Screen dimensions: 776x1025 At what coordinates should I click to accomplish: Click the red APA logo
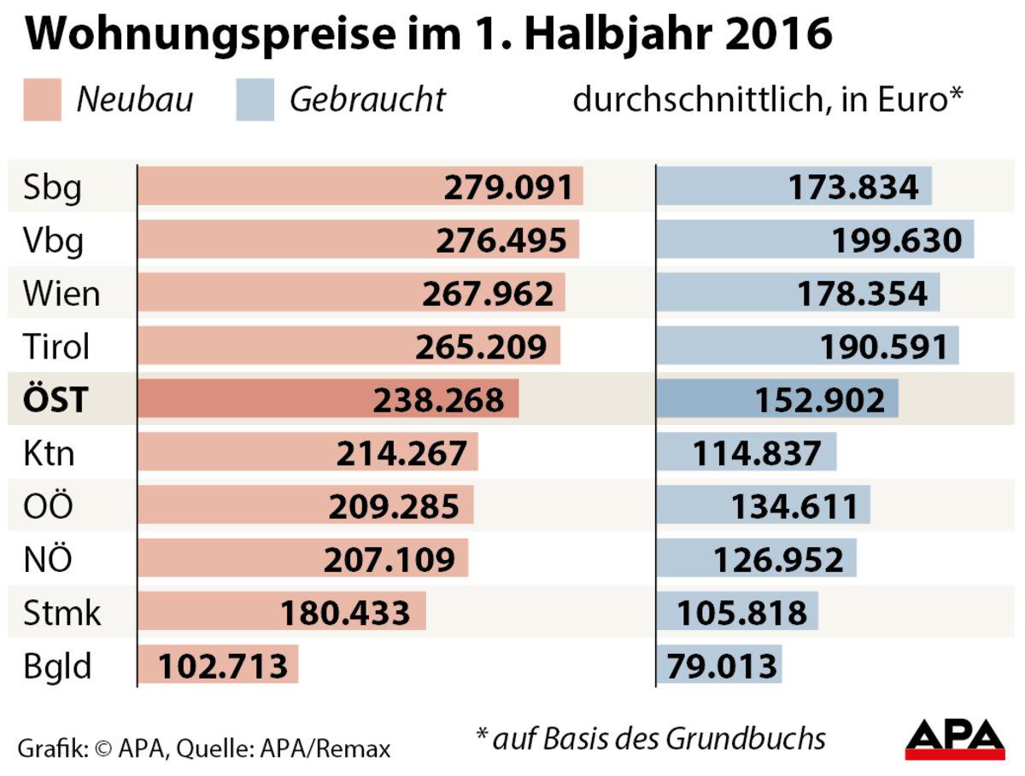tap(955, 739)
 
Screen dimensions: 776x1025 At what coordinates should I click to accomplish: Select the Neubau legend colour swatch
tap(42, 100)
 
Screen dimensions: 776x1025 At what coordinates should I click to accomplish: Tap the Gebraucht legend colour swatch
tap(255, 100)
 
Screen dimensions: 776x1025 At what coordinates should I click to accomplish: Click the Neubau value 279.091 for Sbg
tap(507, 187)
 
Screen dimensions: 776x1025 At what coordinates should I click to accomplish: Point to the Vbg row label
tap(54, 241)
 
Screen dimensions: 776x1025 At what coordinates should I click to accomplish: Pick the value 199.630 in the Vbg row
tap(897, 241)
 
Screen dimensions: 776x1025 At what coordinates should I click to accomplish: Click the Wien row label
tap(61, 294)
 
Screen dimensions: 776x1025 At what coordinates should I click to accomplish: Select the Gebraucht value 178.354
tap(862, 294)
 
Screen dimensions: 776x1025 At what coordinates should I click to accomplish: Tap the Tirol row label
tap(56, 347)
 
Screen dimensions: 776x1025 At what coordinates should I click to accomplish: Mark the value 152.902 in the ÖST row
tap(820, 400)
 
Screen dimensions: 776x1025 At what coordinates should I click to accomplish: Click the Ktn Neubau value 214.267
tap(401, 452)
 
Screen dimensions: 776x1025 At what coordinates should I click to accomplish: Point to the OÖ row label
tap(48, 505)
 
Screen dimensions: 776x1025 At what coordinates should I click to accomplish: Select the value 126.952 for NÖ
tap(778, 559)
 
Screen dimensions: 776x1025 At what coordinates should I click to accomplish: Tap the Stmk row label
tap(61, 612)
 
